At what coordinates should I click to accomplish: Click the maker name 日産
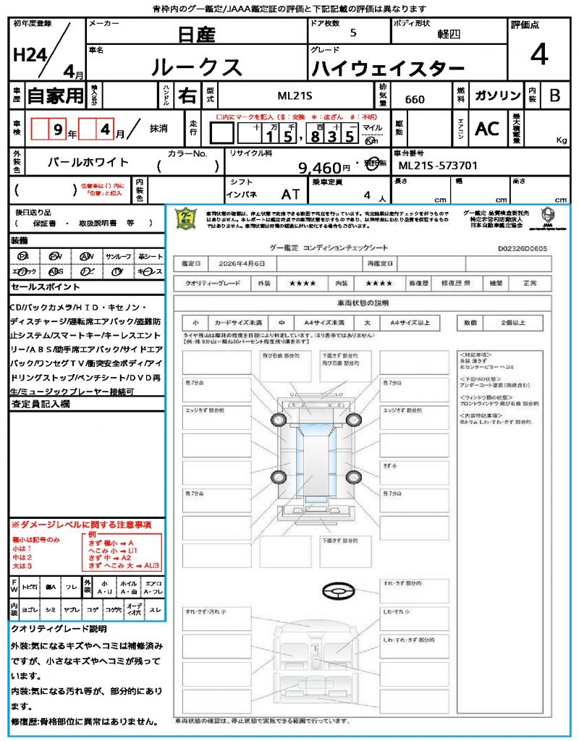pyautogui.click(x=196, y=34)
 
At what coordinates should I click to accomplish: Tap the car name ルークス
pyautogui.click(x=195, y=67)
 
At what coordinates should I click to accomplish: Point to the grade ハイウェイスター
pyautogui.click(x=388, y=69)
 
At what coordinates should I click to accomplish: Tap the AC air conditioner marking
pyautogui.click(x=486, y=128)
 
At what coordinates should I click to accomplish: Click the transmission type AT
pyautogui.click(x=289, y=194)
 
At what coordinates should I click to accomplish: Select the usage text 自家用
pyautogui.click(x=55, y=96)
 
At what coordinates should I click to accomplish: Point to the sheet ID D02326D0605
pyautogui.click(x=522, y=248)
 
